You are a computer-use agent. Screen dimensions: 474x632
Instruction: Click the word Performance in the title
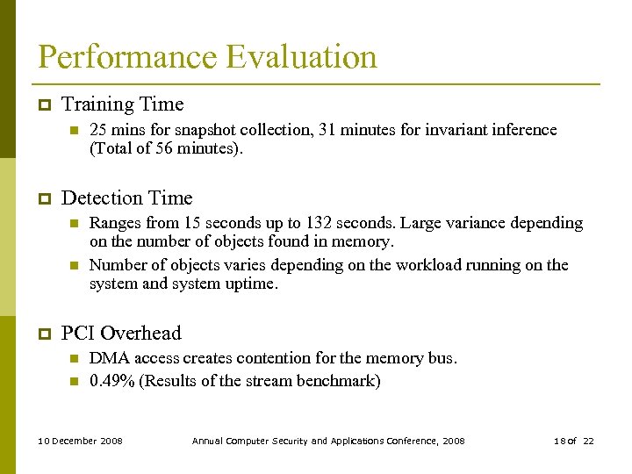tap(128, 57)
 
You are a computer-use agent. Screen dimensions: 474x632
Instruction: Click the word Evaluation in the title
tap(301, 57)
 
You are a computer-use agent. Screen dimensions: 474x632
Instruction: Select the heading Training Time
tap(122, 104)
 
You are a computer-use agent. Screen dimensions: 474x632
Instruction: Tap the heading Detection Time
tap(126, 198)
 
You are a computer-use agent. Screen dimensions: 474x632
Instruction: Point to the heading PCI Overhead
tap(121, 334)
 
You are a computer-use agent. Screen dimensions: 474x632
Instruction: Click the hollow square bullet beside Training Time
tap(42, 105)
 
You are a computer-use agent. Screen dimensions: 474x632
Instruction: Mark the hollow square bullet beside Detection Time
tap(42, 199)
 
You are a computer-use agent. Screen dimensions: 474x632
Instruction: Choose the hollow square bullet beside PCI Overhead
tap(42, 334)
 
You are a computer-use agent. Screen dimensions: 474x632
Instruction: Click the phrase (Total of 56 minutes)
tap(166, 149)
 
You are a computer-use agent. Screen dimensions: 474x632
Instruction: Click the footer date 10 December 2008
tap(81, 441)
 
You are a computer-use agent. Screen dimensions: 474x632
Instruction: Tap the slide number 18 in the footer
tap(559, 441)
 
